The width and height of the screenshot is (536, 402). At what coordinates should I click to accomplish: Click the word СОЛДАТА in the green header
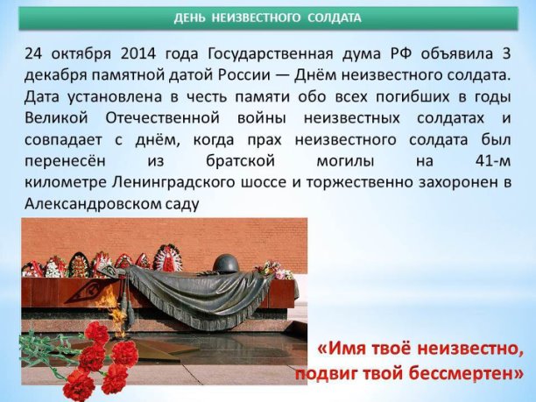tap(334, 18)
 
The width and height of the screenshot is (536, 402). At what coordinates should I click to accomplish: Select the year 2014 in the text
tap(138, 53)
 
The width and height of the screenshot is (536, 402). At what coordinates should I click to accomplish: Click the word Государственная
tap(270, 54)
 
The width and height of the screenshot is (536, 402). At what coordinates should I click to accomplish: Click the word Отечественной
tap(162, 118)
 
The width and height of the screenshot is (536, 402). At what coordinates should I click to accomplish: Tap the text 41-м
tap(492, 160)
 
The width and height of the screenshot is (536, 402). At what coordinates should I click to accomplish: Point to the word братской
tap(240, 160)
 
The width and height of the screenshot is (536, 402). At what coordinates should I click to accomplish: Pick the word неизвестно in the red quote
tap(470, 349)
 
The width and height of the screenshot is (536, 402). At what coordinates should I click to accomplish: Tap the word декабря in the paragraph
tap(55, 76)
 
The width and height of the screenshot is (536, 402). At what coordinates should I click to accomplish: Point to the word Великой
tap(56, 118)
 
